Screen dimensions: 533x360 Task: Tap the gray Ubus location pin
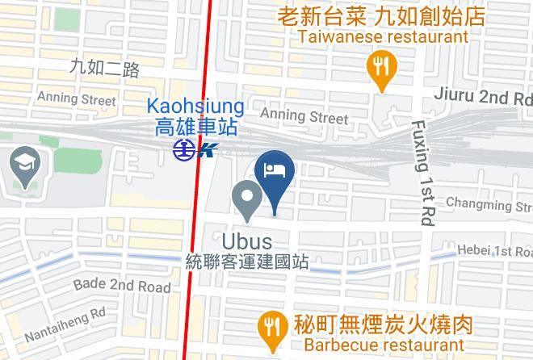pyautogui.click(x=246, y=199)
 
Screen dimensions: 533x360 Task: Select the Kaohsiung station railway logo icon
pyautogui.click(x=195, y=149)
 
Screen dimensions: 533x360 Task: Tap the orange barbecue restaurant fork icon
pyautogui.click(x=269, y=327)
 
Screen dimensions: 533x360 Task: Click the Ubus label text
pyautogui.click(x=246, y=241)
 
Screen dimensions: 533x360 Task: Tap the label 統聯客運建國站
pyautogui.click(x=246, y=262)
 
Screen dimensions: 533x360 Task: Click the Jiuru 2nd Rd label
pyautogui.click(x=485, y=98)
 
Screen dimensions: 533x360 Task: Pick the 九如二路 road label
pyautogui.click(x=104, y=68)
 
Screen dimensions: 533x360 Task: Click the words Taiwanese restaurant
pyautogui.click(x=383, y=37)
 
